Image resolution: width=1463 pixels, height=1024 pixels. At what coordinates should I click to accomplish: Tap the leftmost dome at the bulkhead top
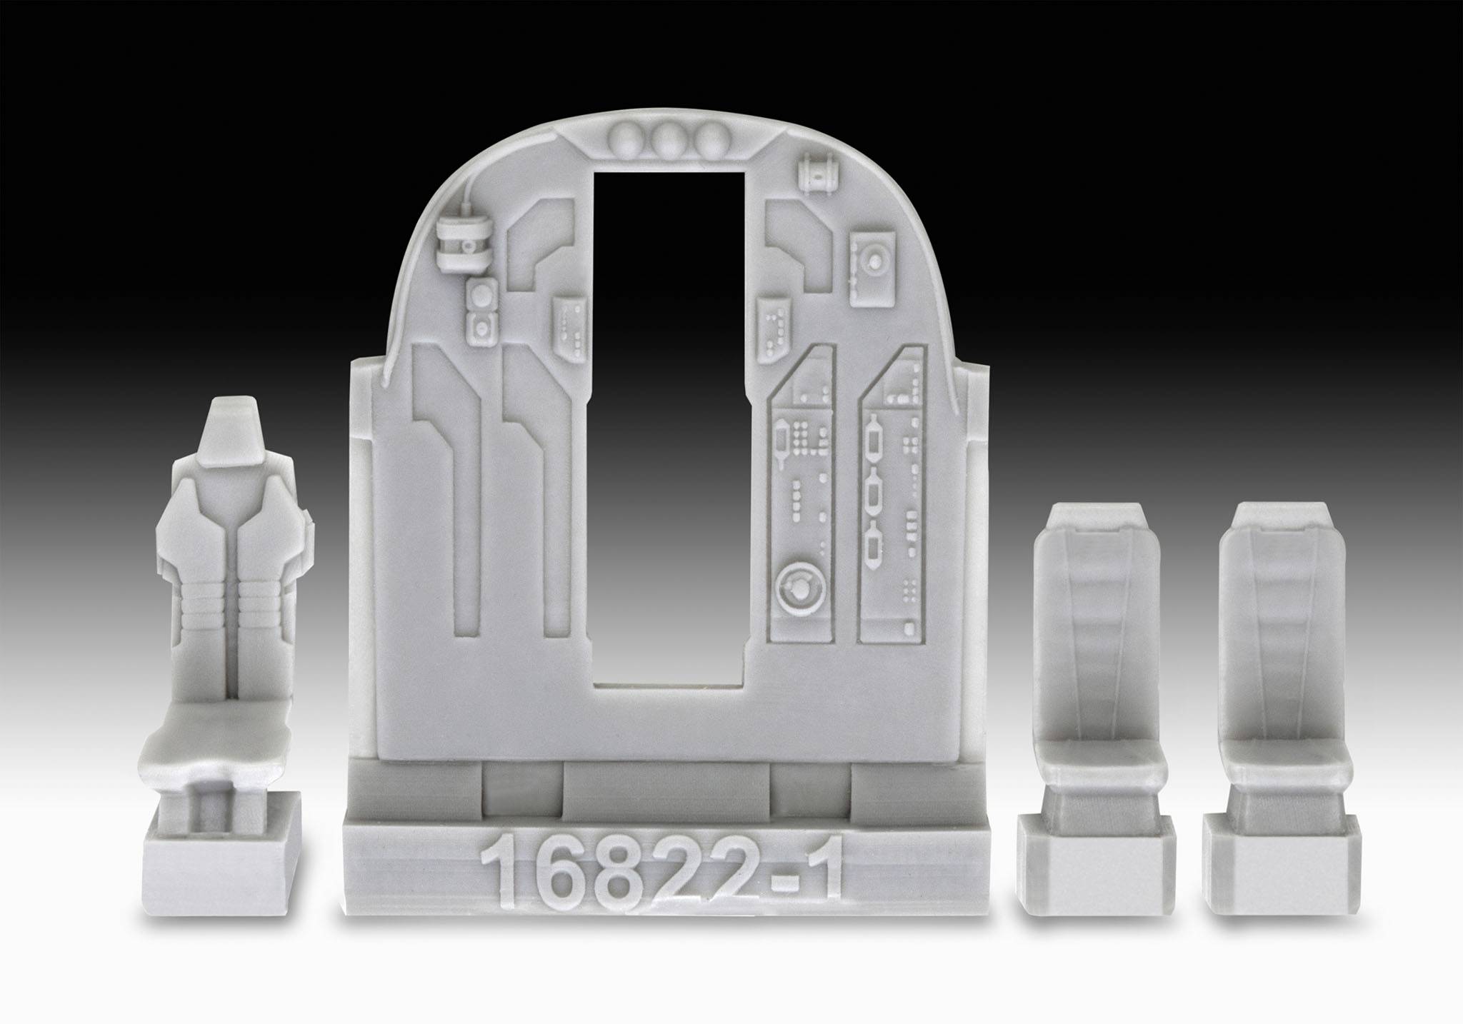tap(629, 135)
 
